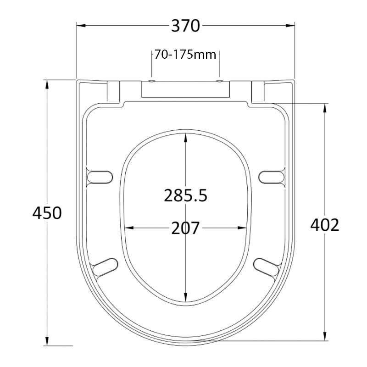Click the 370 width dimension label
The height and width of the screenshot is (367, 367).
185,26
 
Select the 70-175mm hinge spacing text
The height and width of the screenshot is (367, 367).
185,55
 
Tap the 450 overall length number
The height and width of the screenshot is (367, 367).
46,213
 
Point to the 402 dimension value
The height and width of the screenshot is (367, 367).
324,224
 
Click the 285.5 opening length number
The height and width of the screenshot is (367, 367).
186,196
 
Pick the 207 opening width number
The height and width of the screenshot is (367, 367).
185,228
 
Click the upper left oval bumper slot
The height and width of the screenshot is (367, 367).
100,177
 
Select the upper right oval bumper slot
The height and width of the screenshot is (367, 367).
272,177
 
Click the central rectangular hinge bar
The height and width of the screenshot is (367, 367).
185,89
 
